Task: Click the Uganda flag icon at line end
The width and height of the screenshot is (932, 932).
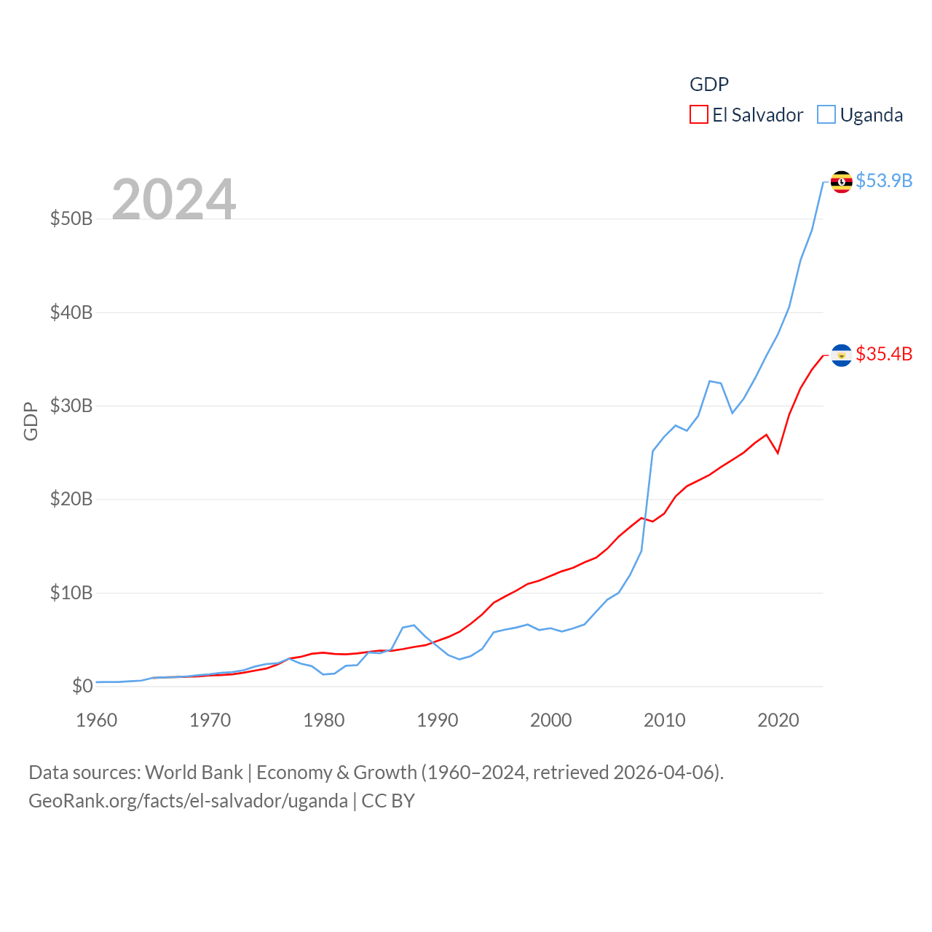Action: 842,181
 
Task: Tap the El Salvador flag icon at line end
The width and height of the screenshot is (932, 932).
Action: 842,355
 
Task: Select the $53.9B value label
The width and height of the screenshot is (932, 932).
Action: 884,181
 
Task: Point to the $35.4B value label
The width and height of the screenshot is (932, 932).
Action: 884,354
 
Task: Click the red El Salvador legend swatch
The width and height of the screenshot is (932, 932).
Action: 699,115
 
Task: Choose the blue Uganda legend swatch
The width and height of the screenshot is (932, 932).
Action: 826,115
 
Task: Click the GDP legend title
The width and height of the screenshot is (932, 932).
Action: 709,84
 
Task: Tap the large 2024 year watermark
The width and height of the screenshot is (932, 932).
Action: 174,199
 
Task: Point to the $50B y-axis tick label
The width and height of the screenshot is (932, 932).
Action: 71,218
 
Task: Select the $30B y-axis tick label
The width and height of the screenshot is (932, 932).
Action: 71,406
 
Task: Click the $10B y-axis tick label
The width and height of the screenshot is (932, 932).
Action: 71,593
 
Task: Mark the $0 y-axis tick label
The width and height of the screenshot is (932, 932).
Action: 82,686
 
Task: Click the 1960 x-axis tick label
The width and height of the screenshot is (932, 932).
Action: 97,721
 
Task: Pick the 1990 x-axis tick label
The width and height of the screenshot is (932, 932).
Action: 438,721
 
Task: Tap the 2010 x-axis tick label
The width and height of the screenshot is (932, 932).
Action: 665,721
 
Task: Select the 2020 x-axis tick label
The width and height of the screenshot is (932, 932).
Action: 778,721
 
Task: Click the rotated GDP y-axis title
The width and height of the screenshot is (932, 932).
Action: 31,421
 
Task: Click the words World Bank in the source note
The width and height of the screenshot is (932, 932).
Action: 194,773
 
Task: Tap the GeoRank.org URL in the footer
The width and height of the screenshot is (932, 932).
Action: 188,801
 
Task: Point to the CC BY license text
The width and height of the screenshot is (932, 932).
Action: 388,801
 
